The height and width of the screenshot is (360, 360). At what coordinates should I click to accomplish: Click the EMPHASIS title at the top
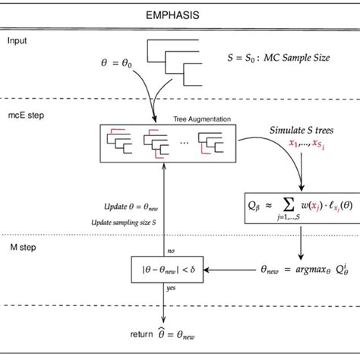(179, 14)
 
